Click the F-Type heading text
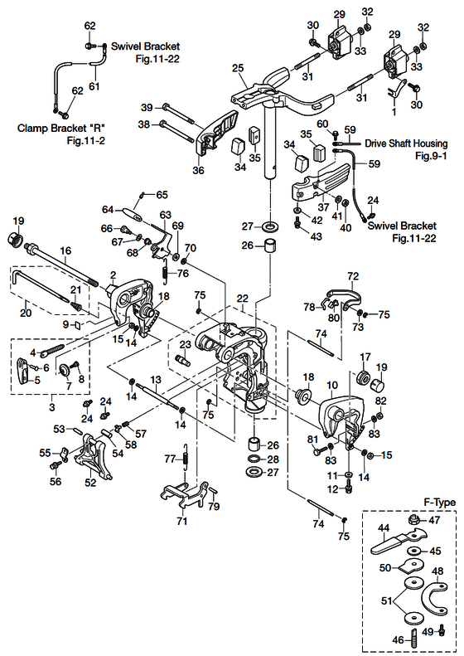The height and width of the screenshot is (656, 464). [440, 503]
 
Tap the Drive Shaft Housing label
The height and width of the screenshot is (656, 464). [406, 143]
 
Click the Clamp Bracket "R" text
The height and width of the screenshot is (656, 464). [60, 128]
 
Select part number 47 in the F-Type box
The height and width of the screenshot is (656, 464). [435, 520]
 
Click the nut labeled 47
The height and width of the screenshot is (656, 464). [413, 520]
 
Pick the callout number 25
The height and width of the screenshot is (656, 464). [238, 68]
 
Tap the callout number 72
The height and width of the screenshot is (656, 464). [353, 276]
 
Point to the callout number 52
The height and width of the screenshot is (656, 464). [90, 483]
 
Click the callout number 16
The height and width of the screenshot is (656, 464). [65, 250]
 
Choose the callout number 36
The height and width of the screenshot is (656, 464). [199, 170]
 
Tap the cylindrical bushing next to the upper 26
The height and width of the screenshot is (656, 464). [270, 245]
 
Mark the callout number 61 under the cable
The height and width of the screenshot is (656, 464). [94, 86]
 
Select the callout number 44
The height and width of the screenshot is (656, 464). [384, 528]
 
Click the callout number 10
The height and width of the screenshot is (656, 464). [332, 384]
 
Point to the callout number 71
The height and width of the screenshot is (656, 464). [182, 521]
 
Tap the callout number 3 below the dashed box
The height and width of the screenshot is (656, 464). [52, 406]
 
